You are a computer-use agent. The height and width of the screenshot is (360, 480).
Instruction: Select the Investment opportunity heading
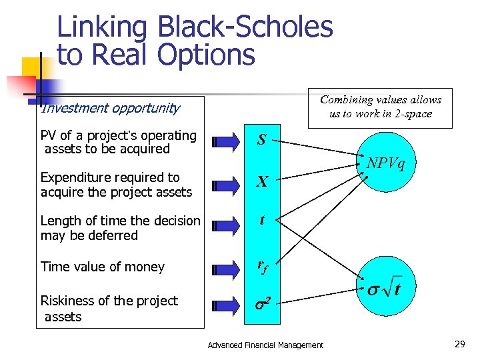point(110,108)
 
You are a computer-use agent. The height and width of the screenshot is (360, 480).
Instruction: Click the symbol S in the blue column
point(262,141)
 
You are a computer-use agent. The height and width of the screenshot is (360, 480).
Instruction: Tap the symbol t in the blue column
point(262,219)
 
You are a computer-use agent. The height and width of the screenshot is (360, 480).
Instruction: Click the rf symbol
point(262,267)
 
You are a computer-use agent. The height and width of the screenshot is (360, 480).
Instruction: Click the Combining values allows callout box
point(380,107)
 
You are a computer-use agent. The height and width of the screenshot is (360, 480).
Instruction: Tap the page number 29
point(459,344)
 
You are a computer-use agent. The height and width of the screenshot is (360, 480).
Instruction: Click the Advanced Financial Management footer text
point(265,345)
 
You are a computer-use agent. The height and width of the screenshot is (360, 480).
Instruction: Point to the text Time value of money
point(102,267)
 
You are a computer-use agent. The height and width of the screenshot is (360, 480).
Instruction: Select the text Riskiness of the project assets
point(109,309)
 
